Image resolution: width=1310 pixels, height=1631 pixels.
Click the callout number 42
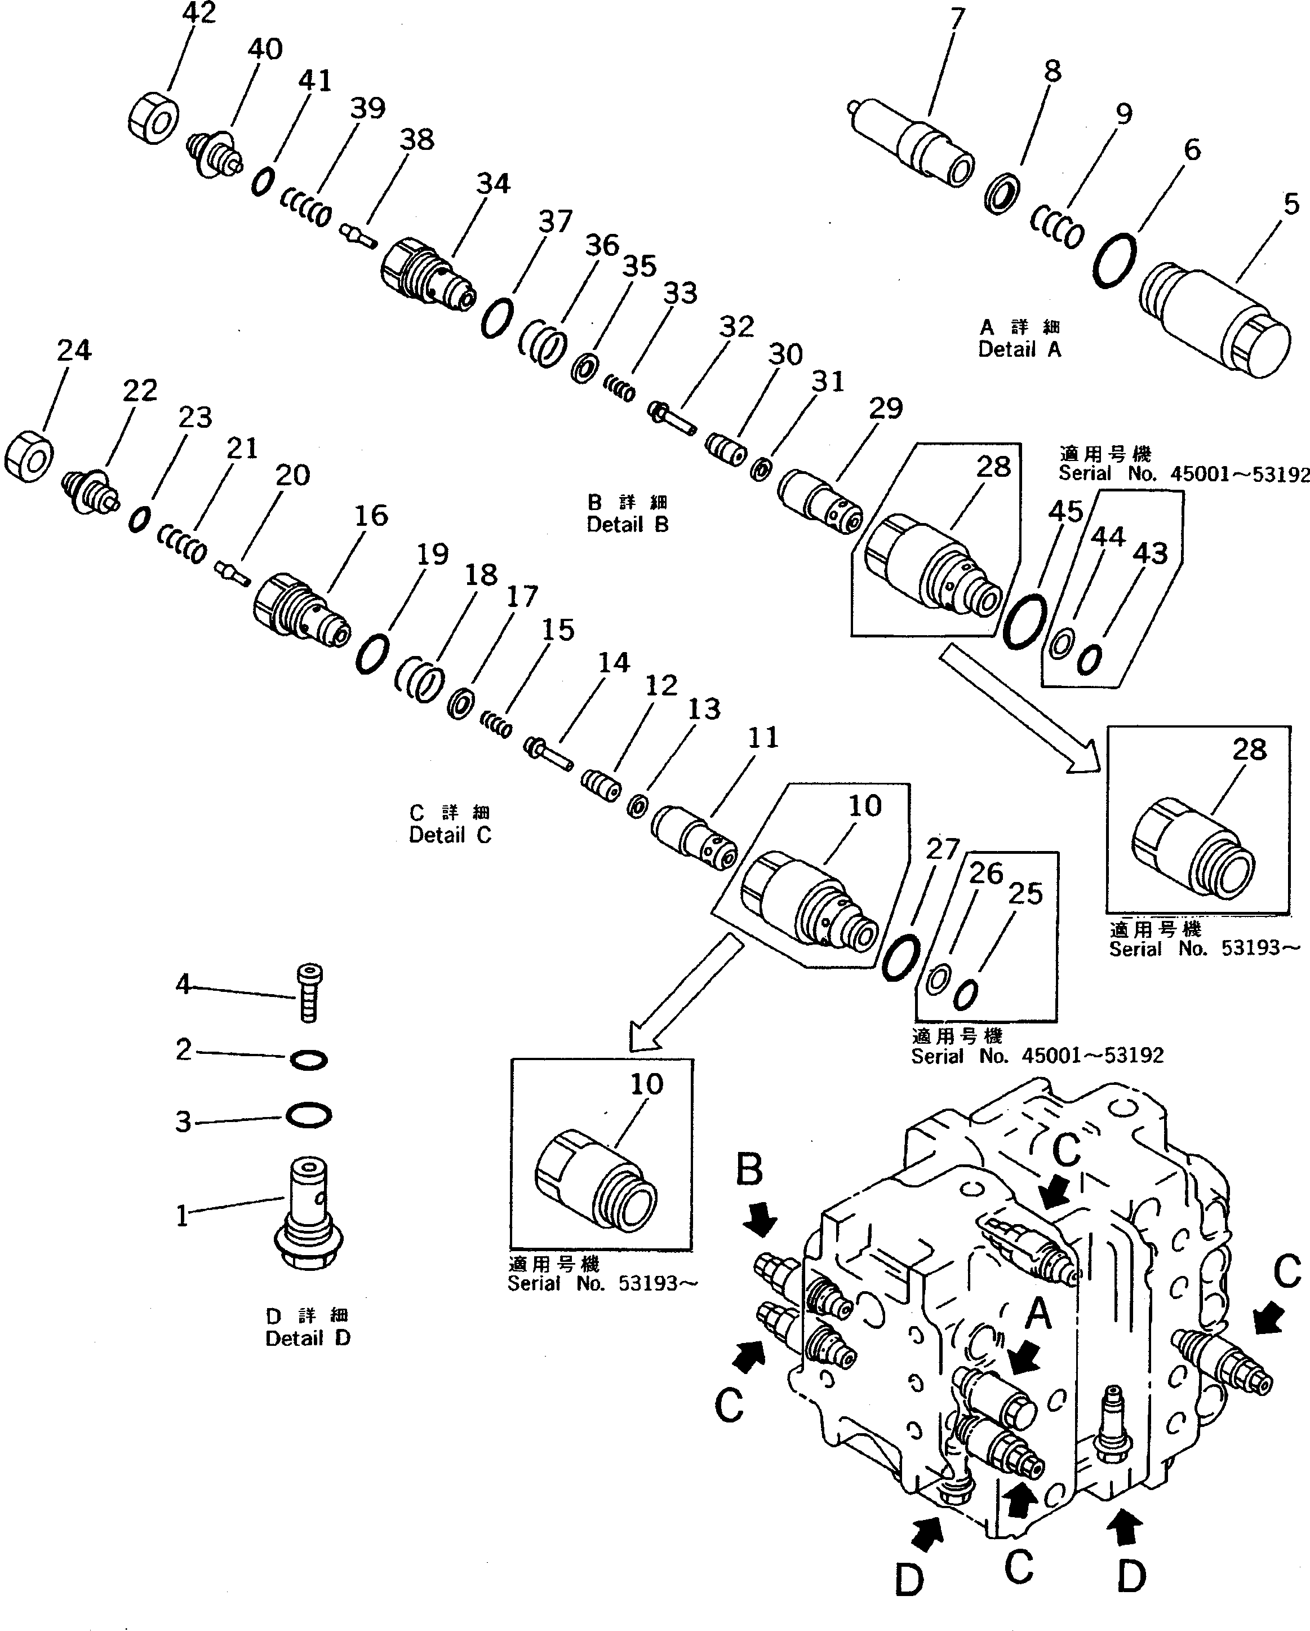click(199, 13)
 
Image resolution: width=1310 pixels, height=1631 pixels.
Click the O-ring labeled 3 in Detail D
click(309, 1115)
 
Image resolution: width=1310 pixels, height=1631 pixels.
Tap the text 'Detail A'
click(1019, 349)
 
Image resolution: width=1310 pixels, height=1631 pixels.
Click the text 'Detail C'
click(450, 835)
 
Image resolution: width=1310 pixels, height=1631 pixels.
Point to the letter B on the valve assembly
click(749, 1171)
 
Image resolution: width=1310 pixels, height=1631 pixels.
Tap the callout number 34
click(493, 184)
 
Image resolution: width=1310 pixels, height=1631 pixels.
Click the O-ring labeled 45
click(1025, 621)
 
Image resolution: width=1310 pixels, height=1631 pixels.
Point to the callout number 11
click(762, 738)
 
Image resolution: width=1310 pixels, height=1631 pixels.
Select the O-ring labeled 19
click(371, 654)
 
